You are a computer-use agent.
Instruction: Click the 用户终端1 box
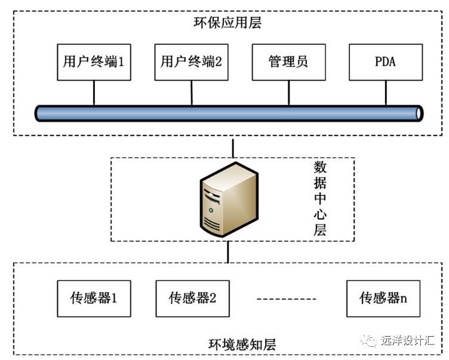(93, 61)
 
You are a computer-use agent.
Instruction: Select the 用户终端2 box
(192, 61)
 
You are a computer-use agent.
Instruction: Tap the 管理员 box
(288, 61)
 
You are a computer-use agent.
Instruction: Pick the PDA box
(385, 61)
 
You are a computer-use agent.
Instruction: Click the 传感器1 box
(93, 297)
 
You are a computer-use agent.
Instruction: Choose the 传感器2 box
(192, 297)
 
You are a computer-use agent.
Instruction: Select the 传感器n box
(383, 297)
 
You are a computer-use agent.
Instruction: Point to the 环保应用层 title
(229, 24)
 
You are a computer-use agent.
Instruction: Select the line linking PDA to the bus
(385, 93)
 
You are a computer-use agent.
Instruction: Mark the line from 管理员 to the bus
(288, 93)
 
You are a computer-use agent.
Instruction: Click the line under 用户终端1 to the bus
(94, 93)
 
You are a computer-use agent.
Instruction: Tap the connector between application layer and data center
(233, 146)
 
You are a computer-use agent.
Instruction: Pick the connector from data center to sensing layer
(228, 251)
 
